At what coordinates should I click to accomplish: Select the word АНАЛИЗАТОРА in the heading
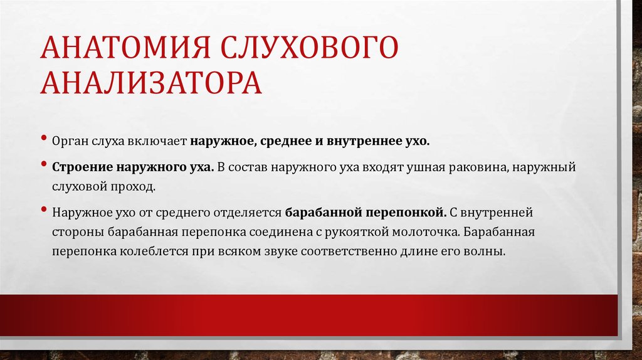[x=151, y=83]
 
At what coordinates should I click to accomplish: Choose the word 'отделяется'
[x=250, y=212]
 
